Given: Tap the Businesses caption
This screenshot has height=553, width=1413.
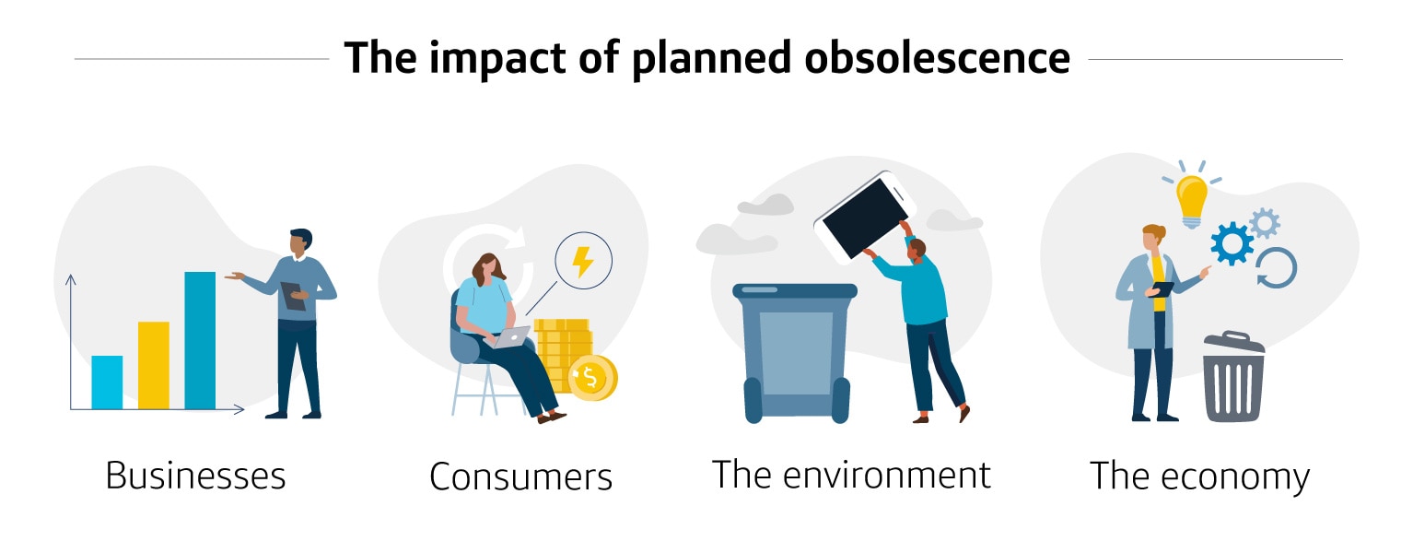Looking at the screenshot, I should pos(195,477).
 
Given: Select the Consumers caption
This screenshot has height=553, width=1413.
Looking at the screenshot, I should pos(520,477).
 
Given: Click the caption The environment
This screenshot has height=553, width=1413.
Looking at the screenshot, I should pos(851,475).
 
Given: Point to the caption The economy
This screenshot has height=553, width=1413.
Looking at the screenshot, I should pos(1199,477).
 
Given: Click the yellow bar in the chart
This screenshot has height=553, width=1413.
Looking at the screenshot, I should pos(154,365).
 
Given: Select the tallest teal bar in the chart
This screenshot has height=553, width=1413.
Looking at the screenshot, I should pos(200,340).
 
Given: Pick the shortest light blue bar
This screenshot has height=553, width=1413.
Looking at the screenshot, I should pos(107,382).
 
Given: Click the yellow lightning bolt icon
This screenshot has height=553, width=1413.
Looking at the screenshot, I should pos(582,262).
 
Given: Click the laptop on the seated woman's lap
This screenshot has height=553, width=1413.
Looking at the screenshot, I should pos(510,337).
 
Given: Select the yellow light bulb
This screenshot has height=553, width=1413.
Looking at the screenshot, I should pos(1191,198).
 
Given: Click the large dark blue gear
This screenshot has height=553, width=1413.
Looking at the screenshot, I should pos(1232,244).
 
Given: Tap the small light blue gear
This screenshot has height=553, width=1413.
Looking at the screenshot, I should pos(1265,222).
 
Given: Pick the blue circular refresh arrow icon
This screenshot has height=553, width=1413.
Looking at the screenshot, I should pos(1277,267).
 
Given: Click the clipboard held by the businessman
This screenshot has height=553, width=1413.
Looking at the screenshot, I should pos(293,295).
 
